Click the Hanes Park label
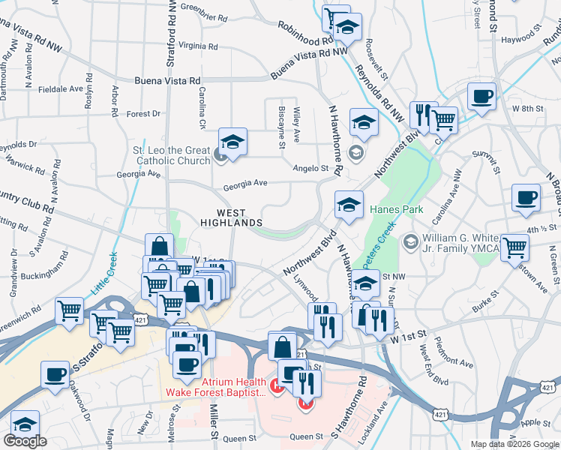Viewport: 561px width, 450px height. (x=402, y=210)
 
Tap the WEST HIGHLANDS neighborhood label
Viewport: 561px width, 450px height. (x=232, y=217)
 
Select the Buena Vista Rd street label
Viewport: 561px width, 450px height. (x=168, y=80)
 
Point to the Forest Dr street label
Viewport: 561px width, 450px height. (x=144, y=114)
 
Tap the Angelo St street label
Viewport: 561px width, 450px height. (x=310, y=168)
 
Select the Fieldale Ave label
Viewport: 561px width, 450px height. (x=60, y=88)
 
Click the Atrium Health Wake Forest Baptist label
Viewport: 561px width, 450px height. (x=216, y=386)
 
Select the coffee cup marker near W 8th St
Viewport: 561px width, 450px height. (x=481, y=96)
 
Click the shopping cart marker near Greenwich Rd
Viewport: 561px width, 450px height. (x=69, y=309)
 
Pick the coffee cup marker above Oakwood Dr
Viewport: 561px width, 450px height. (x=54, y=374)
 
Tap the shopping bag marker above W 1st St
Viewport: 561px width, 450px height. (x=160, y=246)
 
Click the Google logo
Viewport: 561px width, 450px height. (x=25, y=442)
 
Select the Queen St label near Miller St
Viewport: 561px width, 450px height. (x=240, y=439)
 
